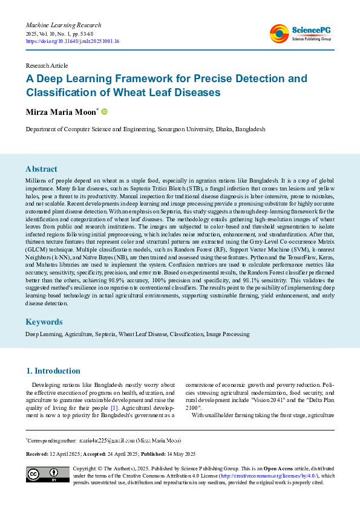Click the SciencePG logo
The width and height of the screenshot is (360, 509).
click(x=301, y=34)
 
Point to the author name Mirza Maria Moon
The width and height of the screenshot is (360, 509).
click(x=60, y=112)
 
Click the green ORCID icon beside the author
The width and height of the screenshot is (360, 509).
click(x=104, y=112)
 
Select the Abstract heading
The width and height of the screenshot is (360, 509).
click(x=41, y=169)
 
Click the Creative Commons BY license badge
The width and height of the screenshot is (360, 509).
click(x=47, y=475)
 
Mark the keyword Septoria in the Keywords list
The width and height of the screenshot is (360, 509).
click(x=105, y=334)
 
